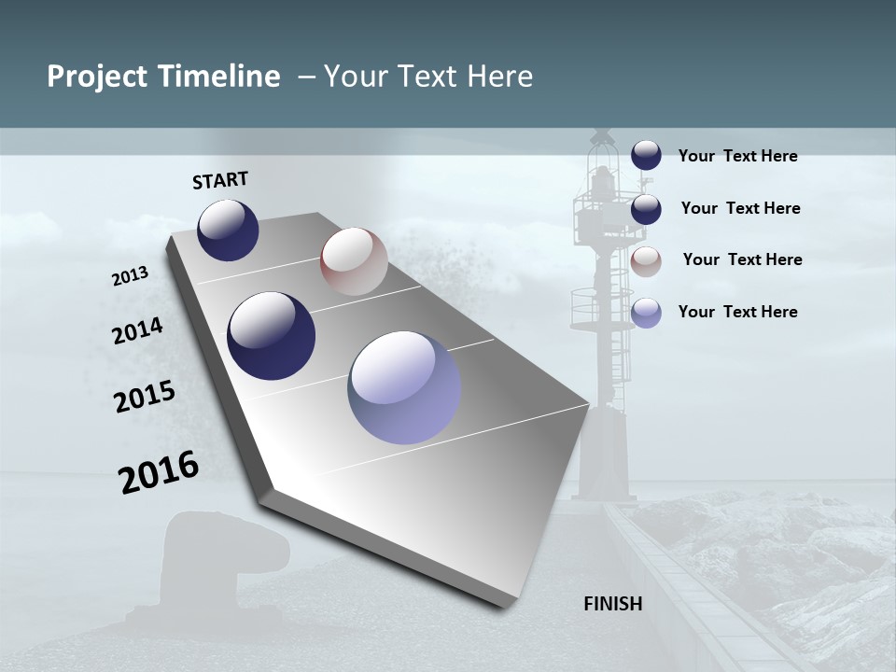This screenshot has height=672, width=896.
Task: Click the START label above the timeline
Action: [x=220, y=180]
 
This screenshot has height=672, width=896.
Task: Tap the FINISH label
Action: [x=613, y=604]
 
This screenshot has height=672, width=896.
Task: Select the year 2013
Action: [x=130, y=276]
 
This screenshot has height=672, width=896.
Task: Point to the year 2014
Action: [x=137, y=331]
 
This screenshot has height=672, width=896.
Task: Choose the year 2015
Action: [x=145, y=397]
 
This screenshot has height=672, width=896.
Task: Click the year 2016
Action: [x=159, y=472]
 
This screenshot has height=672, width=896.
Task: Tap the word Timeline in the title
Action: [x=220, y=77]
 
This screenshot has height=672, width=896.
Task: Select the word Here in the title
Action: [x=499, y=77]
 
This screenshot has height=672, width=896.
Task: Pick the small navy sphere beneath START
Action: [x=228, y=230]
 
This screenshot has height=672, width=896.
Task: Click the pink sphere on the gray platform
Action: [x=354, y=261]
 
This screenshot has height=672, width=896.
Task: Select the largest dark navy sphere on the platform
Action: [x=271, y=336]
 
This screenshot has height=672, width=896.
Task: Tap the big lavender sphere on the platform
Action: [x=404, y=386]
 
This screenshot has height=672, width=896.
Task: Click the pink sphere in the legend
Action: [x=646, y=261]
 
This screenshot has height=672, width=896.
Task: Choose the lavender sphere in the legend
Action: [x=646, y=313]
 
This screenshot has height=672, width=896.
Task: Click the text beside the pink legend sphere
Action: [x=742, y=259]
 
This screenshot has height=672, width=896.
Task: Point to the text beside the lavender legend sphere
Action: [x=737, y=312]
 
